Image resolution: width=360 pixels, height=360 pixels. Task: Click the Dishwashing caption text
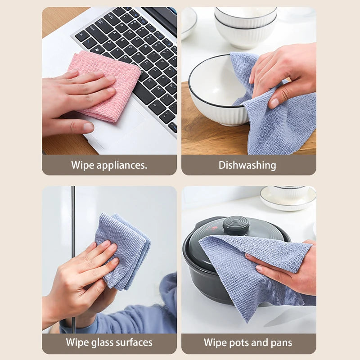(x=247, y=165)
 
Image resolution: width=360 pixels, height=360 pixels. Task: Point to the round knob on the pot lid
(x=236, y=225)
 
